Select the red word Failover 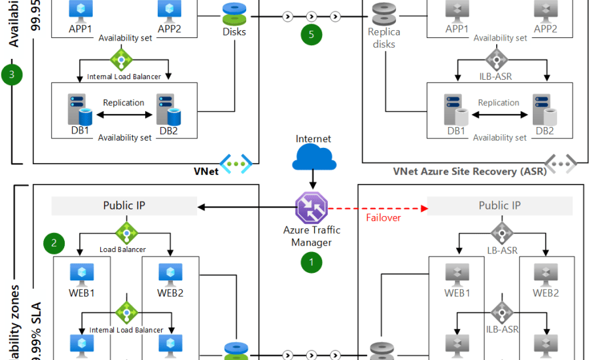click(383, 217)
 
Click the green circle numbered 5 click(312, 33)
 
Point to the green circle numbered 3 click(12, 74)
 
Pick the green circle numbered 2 click(54, 243)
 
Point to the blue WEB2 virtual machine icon click(170, 273)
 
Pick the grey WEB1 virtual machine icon click(457, 273)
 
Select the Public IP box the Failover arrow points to click(499, 206)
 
